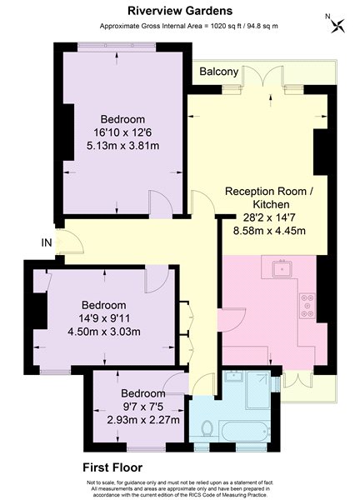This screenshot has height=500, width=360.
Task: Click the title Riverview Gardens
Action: [180, 11]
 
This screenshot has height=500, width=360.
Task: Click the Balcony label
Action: [218, 72]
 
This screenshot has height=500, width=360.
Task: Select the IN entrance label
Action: [47, 242]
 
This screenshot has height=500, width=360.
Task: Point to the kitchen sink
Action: [282, 268]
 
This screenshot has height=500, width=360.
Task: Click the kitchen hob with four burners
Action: [307, 306]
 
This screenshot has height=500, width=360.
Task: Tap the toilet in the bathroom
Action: [207, 428]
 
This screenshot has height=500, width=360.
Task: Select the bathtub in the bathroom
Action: [244, 431]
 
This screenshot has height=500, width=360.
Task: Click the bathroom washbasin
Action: [233, 377]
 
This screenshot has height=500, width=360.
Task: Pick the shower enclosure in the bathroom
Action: [257, 391]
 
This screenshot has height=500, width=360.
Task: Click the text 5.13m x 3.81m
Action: [122, 146]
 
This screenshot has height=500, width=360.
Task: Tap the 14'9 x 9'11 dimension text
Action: [104, 318]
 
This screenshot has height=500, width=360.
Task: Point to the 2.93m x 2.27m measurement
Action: [143, 420]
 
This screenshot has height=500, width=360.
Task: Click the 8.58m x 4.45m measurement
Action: [269, 230]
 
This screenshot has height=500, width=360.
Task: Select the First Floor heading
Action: [112, 467]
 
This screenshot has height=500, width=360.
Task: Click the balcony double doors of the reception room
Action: [262, 77]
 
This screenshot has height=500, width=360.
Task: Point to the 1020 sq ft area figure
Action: [222, 26]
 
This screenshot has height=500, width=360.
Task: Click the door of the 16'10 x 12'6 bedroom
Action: [161, 202]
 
